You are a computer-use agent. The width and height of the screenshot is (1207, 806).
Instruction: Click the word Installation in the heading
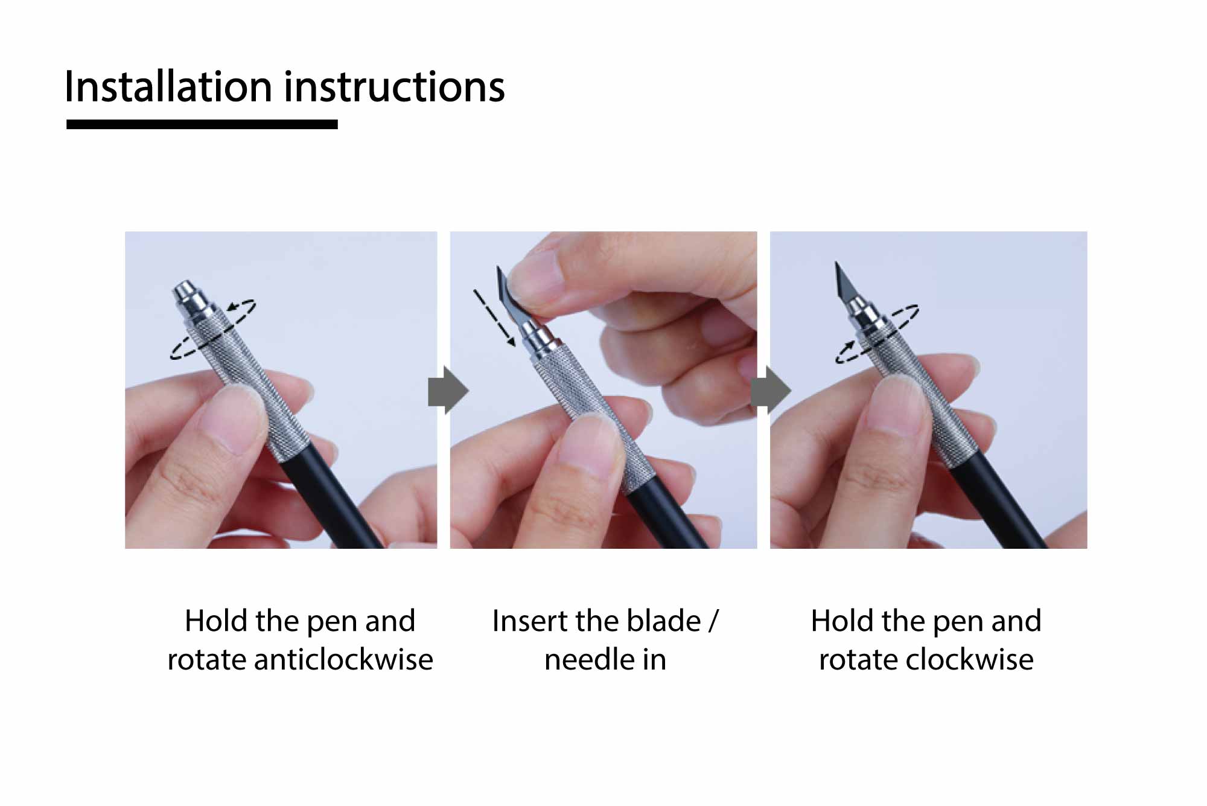[168, 86]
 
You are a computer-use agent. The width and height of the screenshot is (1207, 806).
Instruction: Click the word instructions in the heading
[394, 86]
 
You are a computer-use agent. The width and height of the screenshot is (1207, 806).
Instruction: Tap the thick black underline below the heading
[202, 124]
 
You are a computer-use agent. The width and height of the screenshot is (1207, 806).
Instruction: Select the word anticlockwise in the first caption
[343, 659]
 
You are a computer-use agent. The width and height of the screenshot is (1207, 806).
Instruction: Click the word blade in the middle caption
[664, 621]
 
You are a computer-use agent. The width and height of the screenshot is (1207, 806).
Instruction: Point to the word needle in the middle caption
[590, 659]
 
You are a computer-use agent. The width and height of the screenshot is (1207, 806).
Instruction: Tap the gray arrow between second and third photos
[771, 390]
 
